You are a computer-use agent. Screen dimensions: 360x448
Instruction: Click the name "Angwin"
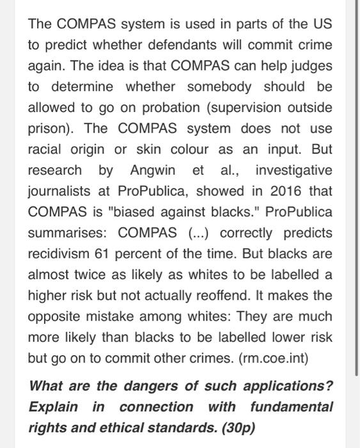pyautogui.click(x=151, y=170)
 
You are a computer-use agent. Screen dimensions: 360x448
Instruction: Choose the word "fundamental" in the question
pyautogui.click(x=292, y=407)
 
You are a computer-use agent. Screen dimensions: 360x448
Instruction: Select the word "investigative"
pyautogui.click(x=293, y=170)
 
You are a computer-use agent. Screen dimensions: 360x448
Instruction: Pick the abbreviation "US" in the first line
pyautogui.click(x=322, y=25)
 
